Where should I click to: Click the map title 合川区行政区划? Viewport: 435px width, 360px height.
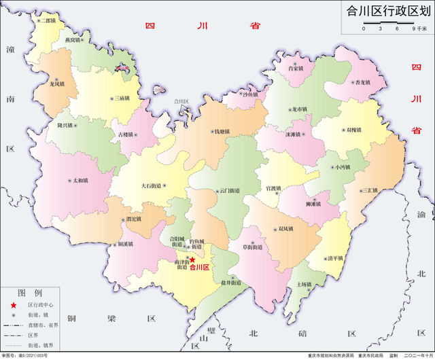click(389, 12)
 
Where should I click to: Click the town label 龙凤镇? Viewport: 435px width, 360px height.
click(57, 84)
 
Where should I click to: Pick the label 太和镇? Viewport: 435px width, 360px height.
click(80, 181)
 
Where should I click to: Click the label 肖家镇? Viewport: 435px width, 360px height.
click(295, 69)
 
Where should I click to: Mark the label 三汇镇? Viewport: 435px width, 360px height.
click(370, 190)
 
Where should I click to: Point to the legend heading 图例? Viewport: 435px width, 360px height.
click(29, 293)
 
